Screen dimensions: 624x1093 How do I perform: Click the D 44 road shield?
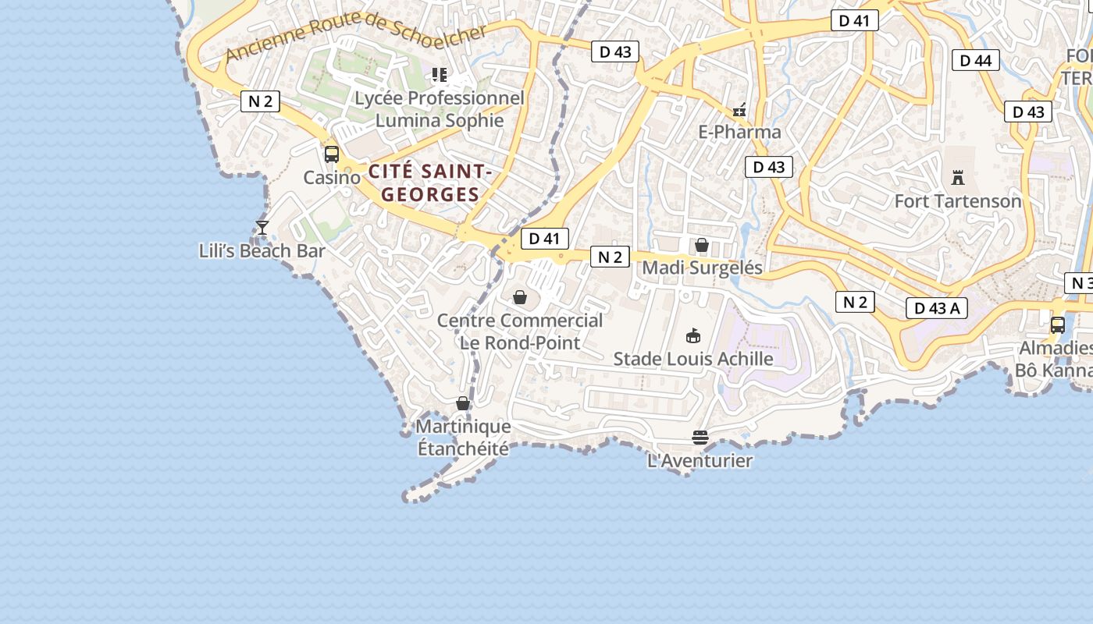[x=975, y=60]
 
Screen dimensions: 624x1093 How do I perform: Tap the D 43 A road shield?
[x=936, y=308]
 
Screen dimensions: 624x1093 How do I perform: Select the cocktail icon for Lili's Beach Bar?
[x=262, y=228]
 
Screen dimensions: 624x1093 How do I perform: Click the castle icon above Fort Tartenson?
[x=958, y=177]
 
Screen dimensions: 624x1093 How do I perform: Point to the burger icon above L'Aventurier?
[x=700, y=438]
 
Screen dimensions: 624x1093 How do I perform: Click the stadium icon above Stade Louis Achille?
[x=692, y=335]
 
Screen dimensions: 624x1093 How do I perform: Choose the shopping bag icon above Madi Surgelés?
[x=702, y=245]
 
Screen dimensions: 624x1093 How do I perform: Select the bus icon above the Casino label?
[x=332, y=154]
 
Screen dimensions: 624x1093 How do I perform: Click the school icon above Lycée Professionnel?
[x=440, y=75]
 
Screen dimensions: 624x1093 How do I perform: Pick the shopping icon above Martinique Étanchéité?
[x=463, y=403]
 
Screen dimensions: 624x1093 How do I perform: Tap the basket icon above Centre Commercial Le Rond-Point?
[x=520, y=297]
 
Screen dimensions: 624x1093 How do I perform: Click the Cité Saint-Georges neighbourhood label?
[x=430, y=183]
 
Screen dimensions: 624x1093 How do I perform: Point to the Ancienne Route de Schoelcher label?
[x=355, y=42]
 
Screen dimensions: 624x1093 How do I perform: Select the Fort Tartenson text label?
[x=958, y=201]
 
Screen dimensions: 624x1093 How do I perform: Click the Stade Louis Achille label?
[x=693, y=359]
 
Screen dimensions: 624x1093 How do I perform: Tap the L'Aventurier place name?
[x=700, y=461]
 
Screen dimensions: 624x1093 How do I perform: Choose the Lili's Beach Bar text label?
[x=262, y=251]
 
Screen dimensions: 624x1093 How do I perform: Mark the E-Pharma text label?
[x=739, y=132]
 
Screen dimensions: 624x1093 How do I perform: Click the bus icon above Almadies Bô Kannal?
[x=1058, y=325]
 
